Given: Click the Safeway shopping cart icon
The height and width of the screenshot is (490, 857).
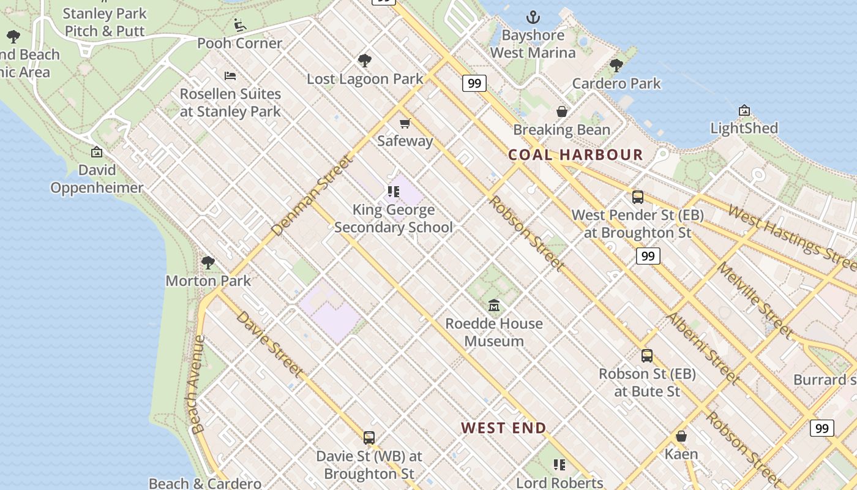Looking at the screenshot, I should coord(405,123).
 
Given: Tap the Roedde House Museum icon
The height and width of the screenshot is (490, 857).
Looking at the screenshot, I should coord(494,305).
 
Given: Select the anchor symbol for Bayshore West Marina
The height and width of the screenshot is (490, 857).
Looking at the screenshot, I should coord(533,17).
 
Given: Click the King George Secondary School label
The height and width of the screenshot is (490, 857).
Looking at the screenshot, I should coord(394,219).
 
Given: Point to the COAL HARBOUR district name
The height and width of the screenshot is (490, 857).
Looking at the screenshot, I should coord(575,155).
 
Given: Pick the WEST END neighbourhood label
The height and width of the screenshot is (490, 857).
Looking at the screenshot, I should coord(503,428).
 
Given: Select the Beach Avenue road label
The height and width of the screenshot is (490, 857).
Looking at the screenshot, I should coord(197,385).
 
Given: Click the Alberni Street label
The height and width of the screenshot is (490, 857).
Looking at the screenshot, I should coord(702,348).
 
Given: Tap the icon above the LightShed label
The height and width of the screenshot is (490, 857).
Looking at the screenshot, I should coord(744,111).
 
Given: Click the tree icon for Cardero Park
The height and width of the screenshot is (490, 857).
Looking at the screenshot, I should coord(616,66).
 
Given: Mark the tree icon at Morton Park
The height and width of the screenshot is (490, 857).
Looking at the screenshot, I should coord(208,263).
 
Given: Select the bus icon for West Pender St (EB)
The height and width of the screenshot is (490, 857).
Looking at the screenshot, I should coord(637,197).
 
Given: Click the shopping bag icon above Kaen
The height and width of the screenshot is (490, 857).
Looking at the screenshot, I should coord(681,436).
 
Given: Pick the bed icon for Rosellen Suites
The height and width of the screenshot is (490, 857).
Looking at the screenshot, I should coord(230,76).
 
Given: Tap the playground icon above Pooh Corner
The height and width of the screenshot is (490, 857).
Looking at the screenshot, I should coord(239,25).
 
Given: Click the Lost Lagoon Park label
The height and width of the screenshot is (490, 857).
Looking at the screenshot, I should coord(365,79).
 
